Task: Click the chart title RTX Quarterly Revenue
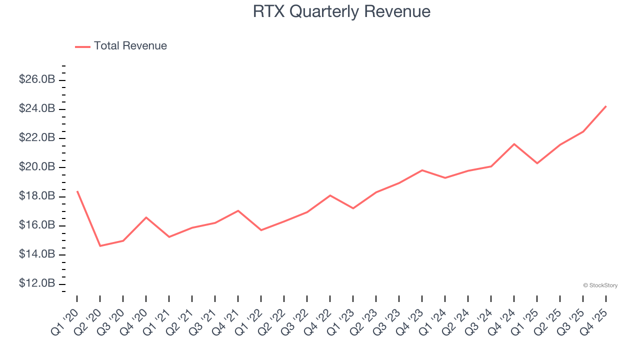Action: (341, 11)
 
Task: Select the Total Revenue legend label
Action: (130, 46)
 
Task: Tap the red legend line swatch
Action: (82, 46)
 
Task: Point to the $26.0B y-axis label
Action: (36, 79)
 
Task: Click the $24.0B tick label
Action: (36, 108)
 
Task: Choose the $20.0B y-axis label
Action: (36, 167)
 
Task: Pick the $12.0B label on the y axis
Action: (36, 283)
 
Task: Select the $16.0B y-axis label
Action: (36, 225)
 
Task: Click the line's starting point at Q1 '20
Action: (77, 191)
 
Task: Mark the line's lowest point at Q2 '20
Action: (100, 246)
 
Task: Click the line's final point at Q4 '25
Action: (606, 106)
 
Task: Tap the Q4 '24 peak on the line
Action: (514, 144)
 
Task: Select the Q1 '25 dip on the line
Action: (537, 163)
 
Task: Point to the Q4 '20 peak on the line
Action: (146, 217)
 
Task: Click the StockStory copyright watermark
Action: (600, 285)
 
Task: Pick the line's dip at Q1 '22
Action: (261, 230)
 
